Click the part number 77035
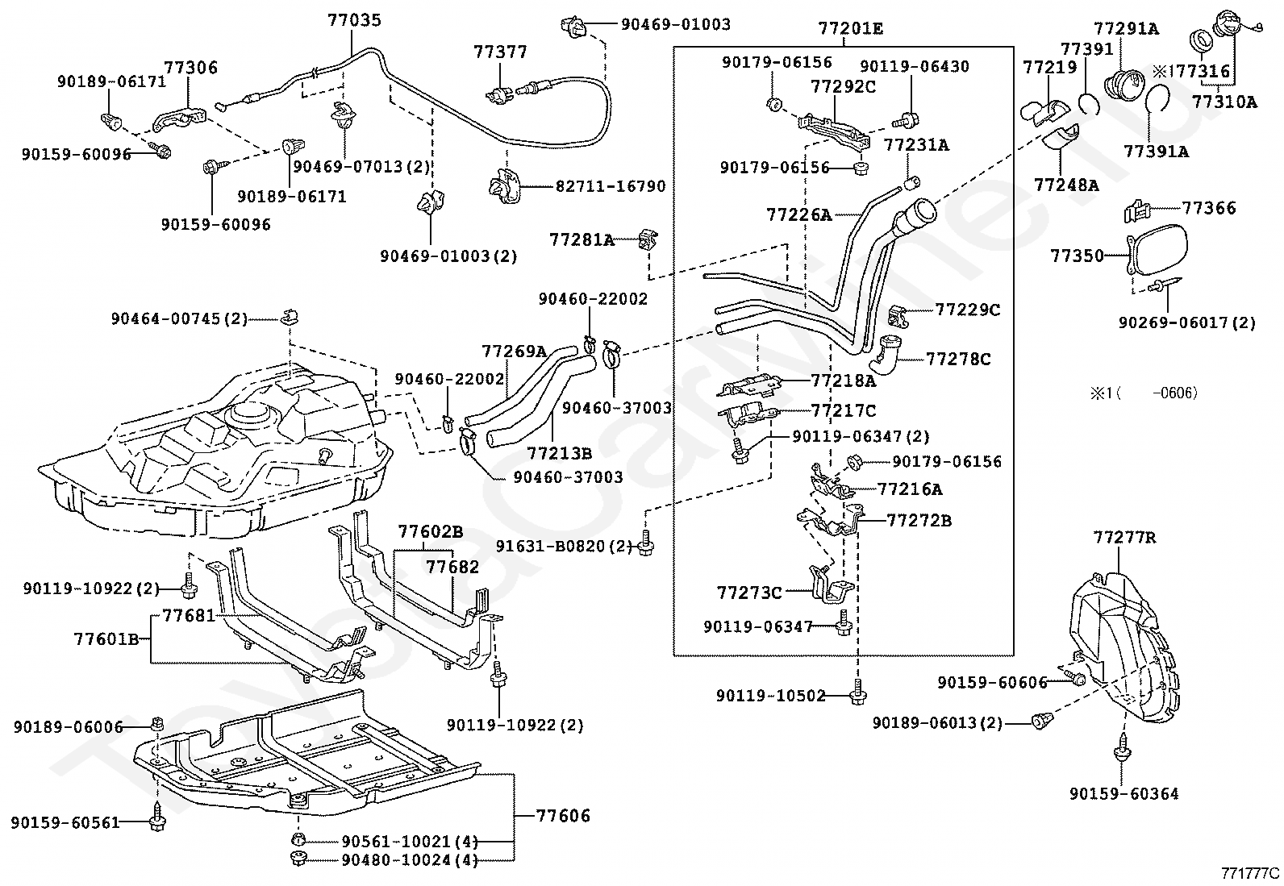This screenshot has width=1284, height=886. click(355, 20)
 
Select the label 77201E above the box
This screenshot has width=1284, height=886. click(850, 29)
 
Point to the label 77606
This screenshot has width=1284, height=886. click(563, 816)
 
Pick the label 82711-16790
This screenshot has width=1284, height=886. click(611, 186)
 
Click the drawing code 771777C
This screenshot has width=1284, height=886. click(1249, 872)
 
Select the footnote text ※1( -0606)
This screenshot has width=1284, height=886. click(1144, 393)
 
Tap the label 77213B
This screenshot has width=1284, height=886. click(560, 454)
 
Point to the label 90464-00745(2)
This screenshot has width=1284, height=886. click(180, 319)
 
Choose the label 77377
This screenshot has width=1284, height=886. click(501, 52)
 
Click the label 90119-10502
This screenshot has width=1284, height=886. click(771, 695)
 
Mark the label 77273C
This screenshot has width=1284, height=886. click(749, 593)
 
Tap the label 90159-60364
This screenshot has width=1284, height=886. click(1124, 794)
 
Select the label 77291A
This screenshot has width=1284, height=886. click(1127, 29)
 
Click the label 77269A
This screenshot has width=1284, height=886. click(514, 351)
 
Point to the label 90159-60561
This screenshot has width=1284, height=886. click(65, 822)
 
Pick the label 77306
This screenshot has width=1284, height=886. click(191, 69)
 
